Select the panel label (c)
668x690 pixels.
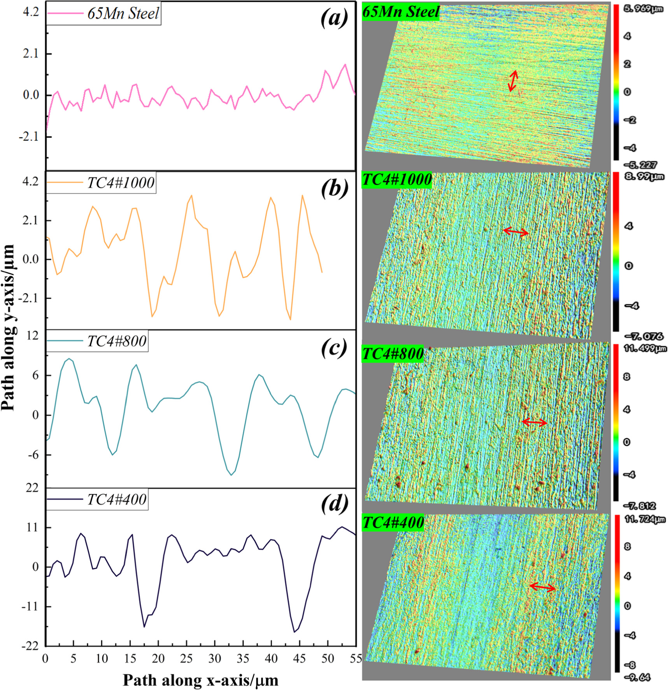point(334,348)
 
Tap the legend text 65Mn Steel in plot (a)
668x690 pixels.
point(123,14)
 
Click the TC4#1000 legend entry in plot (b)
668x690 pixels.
point(121,183)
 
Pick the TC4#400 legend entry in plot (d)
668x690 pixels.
point(117,499)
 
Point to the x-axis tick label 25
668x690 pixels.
point(186,658)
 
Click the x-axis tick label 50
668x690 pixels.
point(328,658)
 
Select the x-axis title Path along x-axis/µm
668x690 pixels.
point(200,679)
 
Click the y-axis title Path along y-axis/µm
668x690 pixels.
point(9,328)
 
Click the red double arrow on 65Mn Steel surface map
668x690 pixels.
point(513,81)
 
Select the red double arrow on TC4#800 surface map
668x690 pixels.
point(534,422)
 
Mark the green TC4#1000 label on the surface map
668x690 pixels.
point(397,179)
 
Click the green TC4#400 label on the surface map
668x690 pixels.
point(393,522)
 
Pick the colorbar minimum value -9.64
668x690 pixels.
point(637,678)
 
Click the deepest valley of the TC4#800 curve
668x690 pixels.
point(231,475)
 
